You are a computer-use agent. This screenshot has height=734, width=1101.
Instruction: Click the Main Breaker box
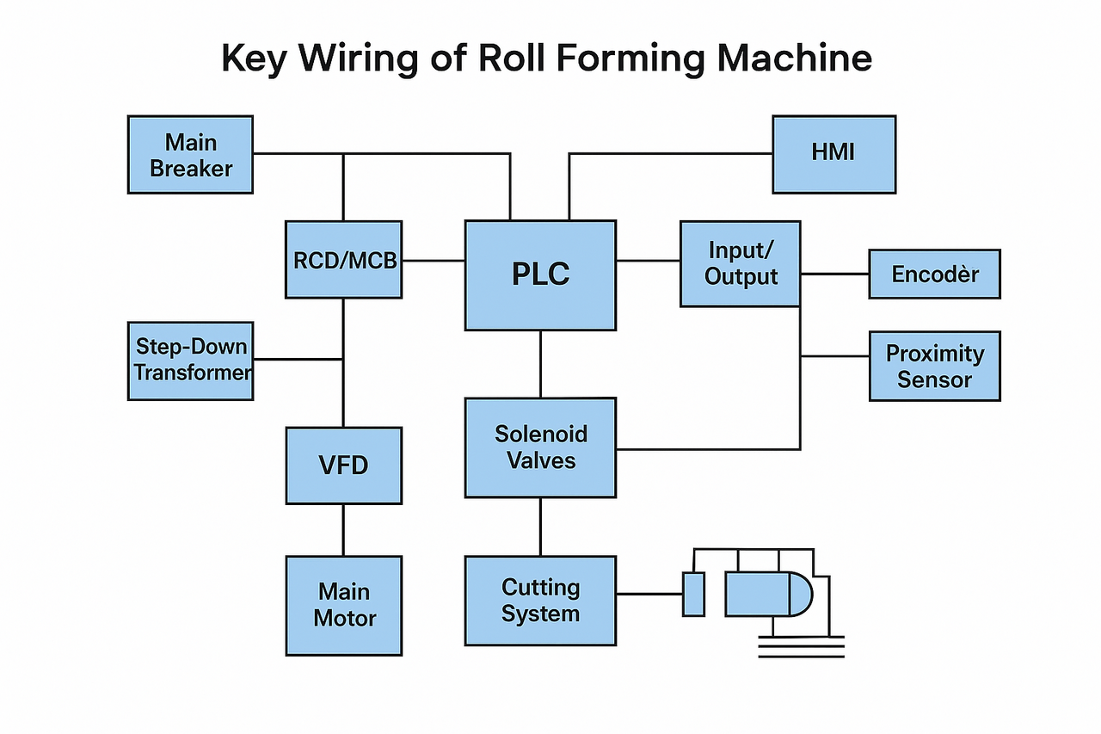click(190, 155)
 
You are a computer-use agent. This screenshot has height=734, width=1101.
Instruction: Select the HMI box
click(833, 154)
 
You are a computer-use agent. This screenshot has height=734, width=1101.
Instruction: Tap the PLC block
click(540, 275)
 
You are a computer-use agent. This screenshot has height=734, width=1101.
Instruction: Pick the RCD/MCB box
click(343, 260)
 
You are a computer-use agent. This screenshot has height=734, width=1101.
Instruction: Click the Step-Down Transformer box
click(190, 361)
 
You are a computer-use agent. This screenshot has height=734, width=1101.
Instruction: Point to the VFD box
click(343, 466)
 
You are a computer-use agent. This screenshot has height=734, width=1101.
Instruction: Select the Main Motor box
click(343, 605)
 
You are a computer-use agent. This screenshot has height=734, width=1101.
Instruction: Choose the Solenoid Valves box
click(540, 447)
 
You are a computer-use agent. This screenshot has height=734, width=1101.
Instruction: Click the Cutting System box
click(540, 601)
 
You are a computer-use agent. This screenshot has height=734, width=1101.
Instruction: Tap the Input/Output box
click(740, 263)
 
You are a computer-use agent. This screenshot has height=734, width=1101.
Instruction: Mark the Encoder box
click(934, 274)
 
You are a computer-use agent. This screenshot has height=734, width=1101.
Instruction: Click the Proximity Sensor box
click(934, 366)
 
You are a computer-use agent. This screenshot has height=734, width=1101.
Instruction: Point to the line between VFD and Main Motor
click(343, 529)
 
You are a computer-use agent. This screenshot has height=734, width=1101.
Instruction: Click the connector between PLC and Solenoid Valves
click(540, 364)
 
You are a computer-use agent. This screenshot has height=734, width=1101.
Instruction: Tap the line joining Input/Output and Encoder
click(834, 274)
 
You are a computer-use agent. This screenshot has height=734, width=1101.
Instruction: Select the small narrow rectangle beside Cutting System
click(693, 594)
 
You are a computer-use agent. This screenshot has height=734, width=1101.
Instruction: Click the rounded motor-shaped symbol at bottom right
click(768, 594)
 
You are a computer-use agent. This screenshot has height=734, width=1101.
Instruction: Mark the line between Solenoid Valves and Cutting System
click(540, 527)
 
